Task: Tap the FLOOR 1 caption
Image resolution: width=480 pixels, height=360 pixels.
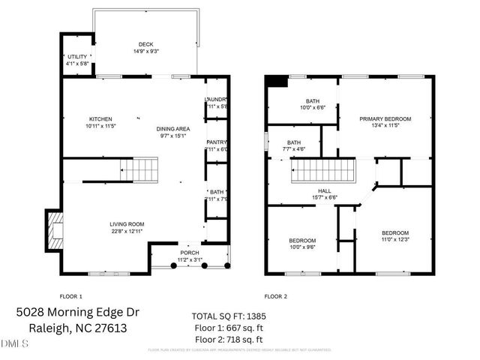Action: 70,296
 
